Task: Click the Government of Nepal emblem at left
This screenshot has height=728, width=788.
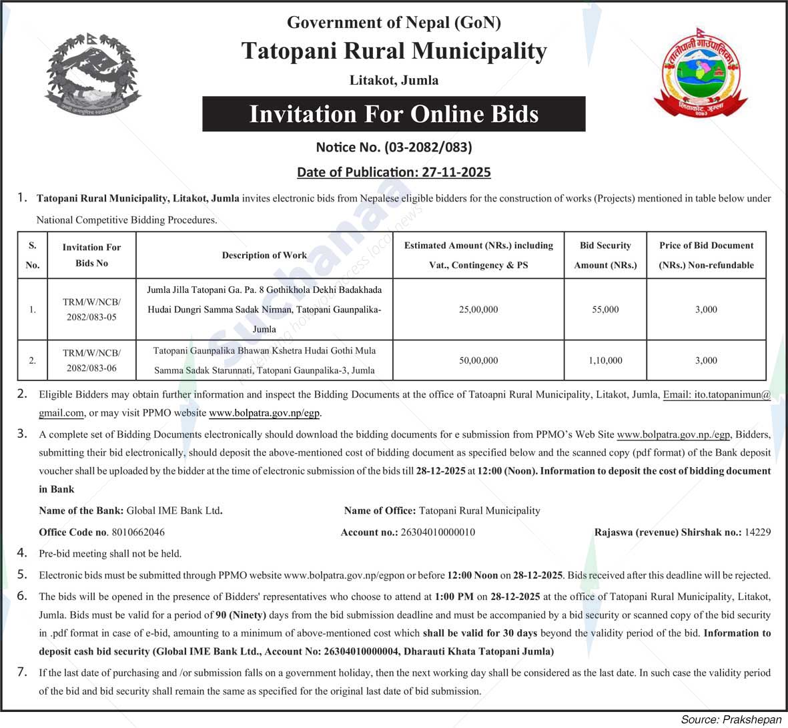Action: (93, 75)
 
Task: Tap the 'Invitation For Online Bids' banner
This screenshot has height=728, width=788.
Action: (394, 114)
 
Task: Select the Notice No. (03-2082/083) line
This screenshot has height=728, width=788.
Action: (394, 147)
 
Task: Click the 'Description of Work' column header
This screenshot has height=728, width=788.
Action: (264, 256)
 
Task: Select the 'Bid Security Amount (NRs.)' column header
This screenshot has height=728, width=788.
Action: (605, 256)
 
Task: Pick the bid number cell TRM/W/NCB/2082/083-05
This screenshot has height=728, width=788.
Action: (91, 310)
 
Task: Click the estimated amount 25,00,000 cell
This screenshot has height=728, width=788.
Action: (478, 310)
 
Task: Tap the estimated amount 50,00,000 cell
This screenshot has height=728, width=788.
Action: (478, 360)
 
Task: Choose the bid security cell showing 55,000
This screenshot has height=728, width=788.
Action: (605, 310)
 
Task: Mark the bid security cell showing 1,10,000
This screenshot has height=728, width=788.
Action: (605, 360)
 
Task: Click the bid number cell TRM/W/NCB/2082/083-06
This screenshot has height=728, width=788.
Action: (91, 360)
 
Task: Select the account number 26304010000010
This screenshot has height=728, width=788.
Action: (438, 532)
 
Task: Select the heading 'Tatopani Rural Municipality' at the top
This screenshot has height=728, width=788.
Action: (394, 51)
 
